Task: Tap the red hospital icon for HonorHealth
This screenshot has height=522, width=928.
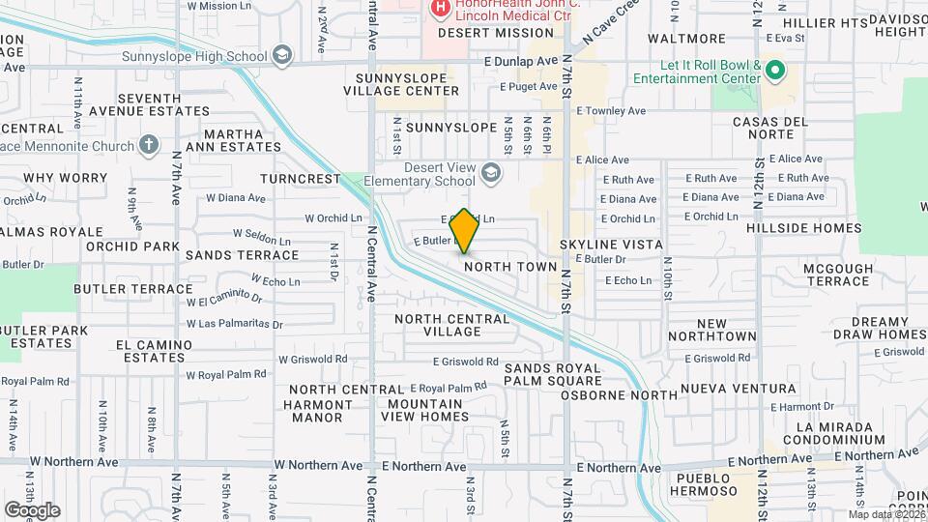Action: point(440,9)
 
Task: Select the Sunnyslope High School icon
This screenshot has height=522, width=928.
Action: point(282,55)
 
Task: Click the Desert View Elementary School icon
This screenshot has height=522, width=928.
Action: point(491,173)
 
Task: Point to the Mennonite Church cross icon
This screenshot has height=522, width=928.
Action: point(148,145)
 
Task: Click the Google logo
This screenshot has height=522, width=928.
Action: point(32,509)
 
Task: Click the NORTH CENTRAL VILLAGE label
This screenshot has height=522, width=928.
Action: point(451,325)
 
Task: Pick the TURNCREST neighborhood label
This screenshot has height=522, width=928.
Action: point(301,179)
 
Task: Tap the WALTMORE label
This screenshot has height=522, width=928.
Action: point(686,39)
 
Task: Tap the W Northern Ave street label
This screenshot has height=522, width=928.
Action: point(318,465)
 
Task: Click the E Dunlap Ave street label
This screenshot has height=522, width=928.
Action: point(522,61)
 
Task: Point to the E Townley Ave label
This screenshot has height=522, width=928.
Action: point(611,111)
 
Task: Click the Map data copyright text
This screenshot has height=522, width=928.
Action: point(886,514)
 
